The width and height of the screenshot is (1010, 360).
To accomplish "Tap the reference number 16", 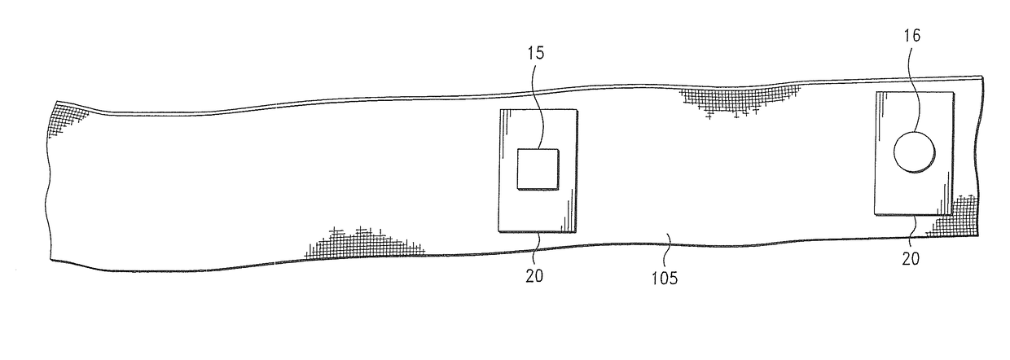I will point(913,36).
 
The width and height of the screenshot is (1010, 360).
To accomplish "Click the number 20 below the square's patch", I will point(534,275).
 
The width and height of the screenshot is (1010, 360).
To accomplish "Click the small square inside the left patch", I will point(538,170).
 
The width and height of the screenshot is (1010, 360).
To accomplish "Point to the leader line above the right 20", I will point(916,227).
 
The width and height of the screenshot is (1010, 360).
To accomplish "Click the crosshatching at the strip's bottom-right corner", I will point(956,216).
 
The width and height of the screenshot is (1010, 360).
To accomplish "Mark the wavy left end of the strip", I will point(47,187).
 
